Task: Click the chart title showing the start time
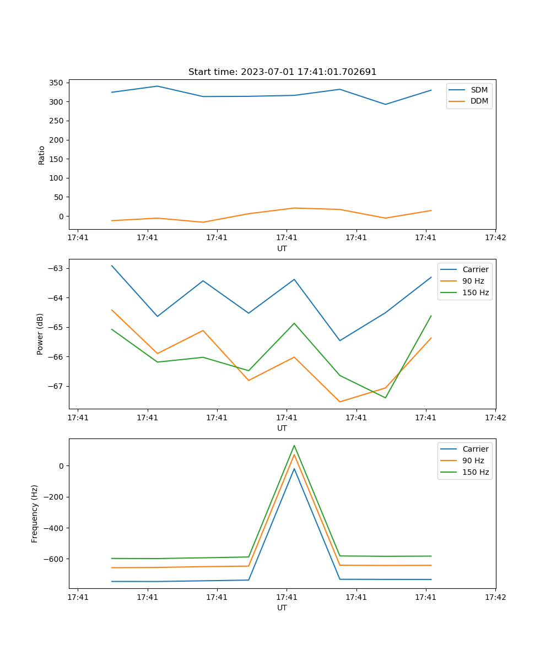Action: tap(282, 72)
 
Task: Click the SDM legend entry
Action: tap(479, 90)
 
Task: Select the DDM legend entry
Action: tap(479, 101)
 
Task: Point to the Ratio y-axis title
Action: tap(41, 155)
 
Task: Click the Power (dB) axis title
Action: tap(40, 334)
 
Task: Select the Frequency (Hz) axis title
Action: tap(35, 513)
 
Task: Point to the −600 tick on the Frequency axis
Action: tap(53, 559)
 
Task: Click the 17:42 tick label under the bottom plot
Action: tap(495, 597)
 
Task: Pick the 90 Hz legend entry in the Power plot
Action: tap(473, 281)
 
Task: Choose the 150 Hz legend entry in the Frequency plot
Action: tap(476, 472)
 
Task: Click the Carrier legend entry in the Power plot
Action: tap(475, 269)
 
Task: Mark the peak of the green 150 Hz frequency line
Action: tap(294, 445)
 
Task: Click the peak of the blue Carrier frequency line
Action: tap(294, 469)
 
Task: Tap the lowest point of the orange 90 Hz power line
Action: tap(339, 402)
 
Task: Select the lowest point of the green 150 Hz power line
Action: tap(385, 398)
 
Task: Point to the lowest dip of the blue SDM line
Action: tap(385, 104)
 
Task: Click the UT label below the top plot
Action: tap(282, 248)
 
